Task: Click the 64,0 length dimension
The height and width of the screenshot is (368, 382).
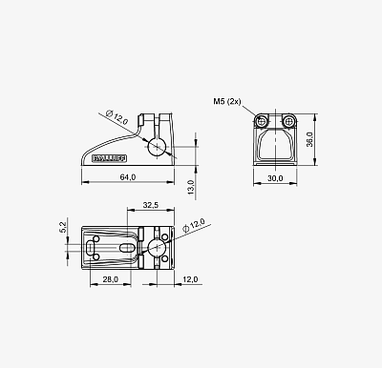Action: point(128,177)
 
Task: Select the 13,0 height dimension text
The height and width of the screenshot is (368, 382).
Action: point(191,187)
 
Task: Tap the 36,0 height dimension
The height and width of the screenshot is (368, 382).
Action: point(309,139)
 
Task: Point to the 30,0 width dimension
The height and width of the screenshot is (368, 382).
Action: point(275,178)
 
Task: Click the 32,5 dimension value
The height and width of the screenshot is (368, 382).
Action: point(151,205)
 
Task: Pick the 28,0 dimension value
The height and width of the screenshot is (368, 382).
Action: point(111,279)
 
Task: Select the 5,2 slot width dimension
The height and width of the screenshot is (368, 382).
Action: point(63,227)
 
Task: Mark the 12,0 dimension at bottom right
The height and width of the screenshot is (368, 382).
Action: point(190,279)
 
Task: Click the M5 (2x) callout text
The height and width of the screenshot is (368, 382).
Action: point(227,101)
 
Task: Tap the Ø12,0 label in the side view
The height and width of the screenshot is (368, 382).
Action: point(117,117)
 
